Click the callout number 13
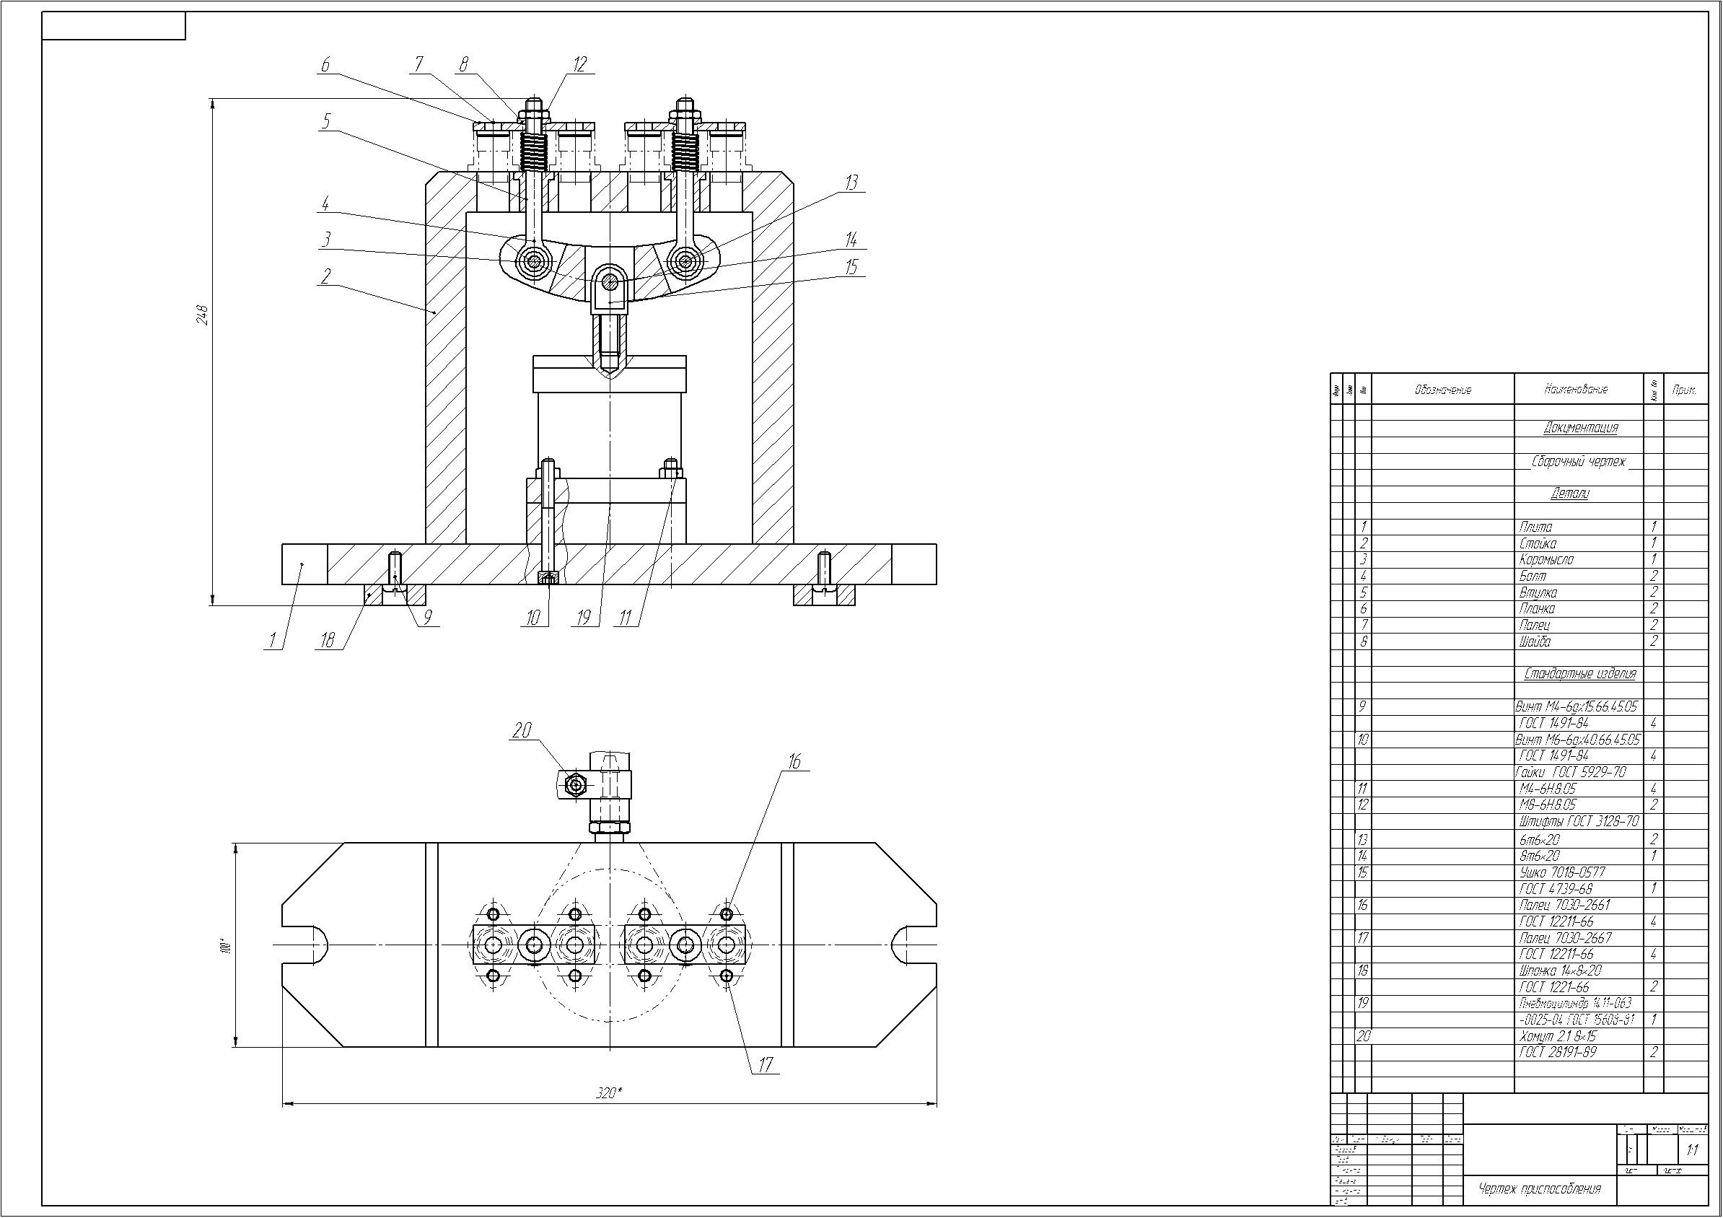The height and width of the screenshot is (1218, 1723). [851, 183]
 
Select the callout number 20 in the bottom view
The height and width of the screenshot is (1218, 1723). [522, 730]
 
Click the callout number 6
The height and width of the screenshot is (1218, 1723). [325, 64]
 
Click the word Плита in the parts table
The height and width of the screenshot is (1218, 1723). [1535, 527]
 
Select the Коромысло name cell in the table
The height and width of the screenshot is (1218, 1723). [1546, 559]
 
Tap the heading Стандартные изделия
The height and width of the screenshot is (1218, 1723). [1579, 673]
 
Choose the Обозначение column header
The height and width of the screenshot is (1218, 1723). [1442, 390]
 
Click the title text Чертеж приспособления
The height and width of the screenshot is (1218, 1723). [1539, 1188]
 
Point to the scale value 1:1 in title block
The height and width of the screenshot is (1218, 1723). [1692, 1149]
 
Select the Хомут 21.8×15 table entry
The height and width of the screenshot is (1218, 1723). [1558, 1035]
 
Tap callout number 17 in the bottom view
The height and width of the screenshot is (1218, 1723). [765, 1065]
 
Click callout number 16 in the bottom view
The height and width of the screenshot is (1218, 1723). [794, 762]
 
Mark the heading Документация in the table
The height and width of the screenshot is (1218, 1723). [1579, 428]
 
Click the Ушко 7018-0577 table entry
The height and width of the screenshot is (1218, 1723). [1561, 872]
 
